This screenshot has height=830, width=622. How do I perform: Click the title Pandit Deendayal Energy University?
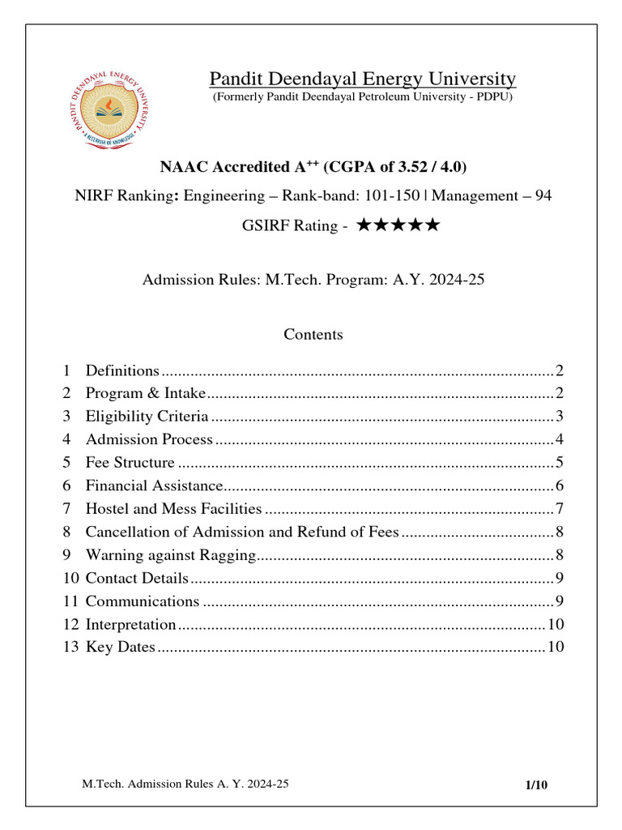[362, 79]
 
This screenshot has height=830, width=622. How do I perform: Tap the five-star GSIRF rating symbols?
[398, 225]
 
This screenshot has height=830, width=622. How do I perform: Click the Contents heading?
[313, 334]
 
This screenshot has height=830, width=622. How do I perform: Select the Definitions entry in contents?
[122, 370]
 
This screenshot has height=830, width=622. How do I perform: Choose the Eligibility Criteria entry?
[147, 417]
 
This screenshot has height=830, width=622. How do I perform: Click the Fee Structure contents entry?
[130, 463]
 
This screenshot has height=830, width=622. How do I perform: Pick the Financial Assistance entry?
[153, 486]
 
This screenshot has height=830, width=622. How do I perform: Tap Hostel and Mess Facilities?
[173, 509]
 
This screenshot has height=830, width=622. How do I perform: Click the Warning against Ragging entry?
[170, 555]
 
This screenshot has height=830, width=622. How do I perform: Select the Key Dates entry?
[120, 647]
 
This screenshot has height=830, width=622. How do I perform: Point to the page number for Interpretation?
[556, 624]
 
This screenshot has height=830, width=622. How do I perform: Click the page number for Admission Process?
[559, 439]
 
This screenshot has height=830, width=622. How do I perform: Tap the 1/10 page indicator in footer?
[536, 785]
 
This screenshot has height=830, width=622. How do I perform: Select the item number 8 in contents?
[66, 532]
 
